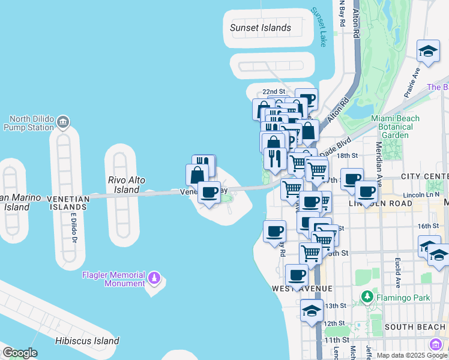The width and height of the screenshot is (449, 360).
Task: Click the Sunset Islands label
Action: pyautogui.click(x=261, y=28)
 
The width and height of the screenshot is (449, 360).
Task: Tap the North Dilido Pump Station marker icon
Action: pyautogui.click(x=64, y=124)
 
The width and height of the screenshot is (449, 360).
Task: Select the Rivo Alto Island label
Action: pyautogui.click(x=127, y=184)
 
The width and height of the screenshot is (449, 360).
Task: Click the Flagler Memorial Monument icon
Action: pyautogui.click(x=154, y=278)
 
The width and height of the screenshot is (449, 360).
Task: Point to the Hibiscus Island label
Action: pyautogui.click(x=86, y=341)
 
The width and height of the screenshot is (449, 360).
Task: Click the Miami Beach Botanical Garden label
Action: pyautogui.click(x=395, y=127)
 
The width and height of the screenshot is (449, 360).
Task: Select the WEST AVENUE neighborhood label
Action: pyautogui.click(x=302, y=289)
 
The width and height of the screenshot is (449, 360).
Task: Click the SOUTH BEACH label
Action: pyautogui.click(x=414, y=327)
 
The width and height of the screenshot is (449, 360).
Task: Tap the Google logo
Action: pyautogui.click(x=20, y=353)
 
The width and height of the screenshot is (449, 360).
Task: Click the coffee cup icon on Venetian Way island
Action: pyautogui.click(x=209, y=193)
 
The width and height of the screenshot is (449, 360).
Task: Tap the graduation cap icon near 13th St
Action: pyautogui.click(x=312, y=311)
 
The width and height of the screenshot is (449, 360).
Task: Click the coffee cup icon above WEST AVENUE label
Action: pyautogui.click(x=297, y=275)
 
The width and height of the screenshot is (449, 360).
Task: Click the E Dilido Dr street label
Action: pyautogui.click(x=75, y=227)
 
